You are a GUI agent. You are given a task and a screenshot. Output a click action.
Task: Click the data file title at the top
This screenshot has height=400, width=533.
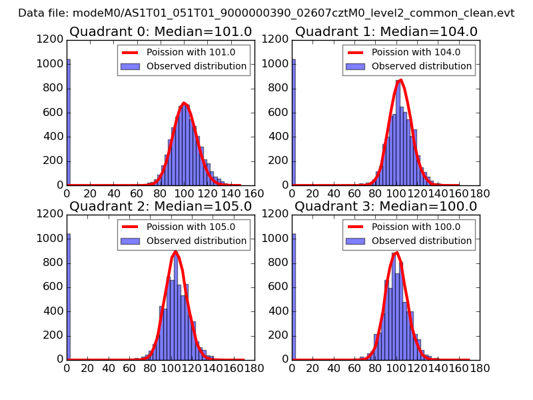coord(266,13)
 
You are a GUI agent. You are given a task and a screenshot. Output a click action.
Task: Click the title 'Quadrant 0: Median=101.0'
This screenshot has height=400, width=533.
coord(161,31)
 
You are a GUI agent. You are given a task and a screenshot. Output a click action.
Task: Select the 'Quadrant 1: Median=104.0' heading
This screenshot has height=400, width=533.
coord(386,31)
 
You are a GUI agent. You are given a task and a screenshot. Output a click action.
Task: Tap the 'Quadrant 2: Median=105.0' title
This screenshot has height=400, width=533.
coord(161,206)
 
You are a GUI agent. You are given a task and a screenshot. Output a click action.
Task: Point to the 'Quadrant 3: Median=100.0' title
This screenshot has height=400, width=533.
coord(386,206)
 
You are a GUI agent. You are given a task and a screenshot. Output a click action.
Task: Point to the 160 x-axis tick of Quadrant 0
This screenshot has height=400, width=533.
coord(254,193)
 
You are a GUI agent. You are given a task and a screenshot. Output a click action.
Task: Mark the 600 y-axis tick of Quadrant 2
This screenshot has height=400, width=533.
coord(55,287)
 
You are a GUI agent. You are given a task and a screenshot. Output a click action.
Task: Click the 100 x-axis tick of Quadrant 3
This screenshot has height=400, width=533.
coord(397,367)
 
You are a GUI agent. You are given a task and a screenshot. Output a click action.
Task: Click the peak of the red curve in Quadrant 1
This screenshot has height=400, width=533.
coord(400,80)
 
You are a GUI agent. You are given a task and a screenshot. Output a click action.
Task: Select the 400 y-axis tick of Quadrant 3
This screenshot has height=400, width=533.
coord(280,311)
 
